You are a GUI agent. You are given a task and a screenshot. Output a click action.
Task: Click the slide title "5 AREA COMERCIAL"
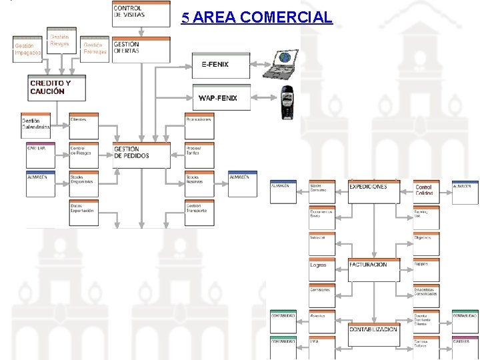tap(257, 17)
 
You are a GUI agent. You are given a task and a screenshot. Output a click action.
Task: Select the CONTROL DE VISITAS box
tap(141, 13)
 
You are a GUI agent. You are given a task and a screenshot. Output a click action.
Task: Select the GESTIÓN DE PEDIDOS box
tap(141, 155)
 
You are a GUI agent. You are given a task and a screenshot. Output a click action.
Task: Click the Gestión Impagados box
tap(28, 49)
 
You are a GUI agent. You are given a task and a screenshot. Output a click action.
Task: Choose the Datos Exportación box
tap(83, 212)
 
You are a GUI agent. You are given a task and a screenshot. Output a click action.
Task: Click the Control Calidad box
tap(426, 191)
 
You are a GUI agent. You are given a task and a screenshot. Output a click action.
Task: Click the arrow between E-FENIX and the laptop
tap(257, 65)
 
